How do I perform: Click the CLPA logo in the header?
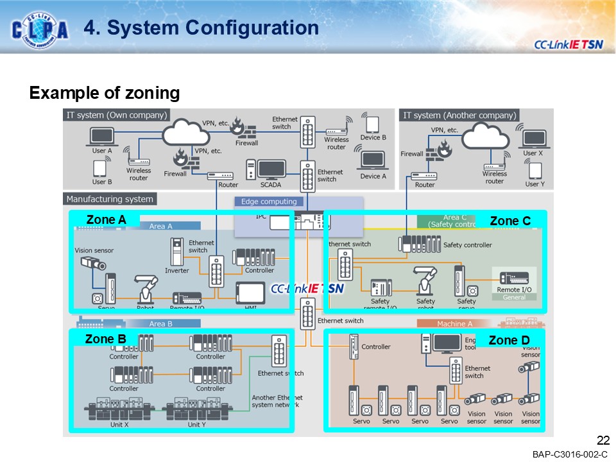pyautogui.click(x=40, y=29)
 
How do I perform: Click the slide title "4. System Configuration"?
pyautogui.click(x=201, y=28)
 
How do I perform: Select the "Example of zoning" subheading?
pyautogui.click(x=104, y=93)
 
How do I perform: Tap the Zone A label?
pyautogui.click(x=106, y=220)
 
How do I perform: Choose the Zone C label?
pyautogui.click(x=510, y=221)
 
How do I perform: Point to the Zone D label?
pyautogui.click(x=509, y=340)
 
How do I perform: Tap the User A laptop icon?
pyautogui.click(x=101, y=137)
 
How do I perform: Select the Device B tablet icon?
pyautogui.click(x=372, y=124)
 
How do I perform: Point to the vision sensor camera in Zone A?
pyautogui.click(x=92, y=263)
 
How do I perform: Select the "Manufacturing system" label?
pyautogui.click(x=110, y=199)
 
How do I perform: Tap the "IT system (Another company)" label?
pyautogui.click(x=459, y=116)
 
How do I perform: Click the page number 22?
pyautogui.click(x=603, y=440)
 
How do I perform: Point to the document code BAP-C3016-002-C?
pyautogui.click(x=569, y=454)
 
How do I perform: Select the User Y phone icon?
pyautogui.click(x=532, y=171)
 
